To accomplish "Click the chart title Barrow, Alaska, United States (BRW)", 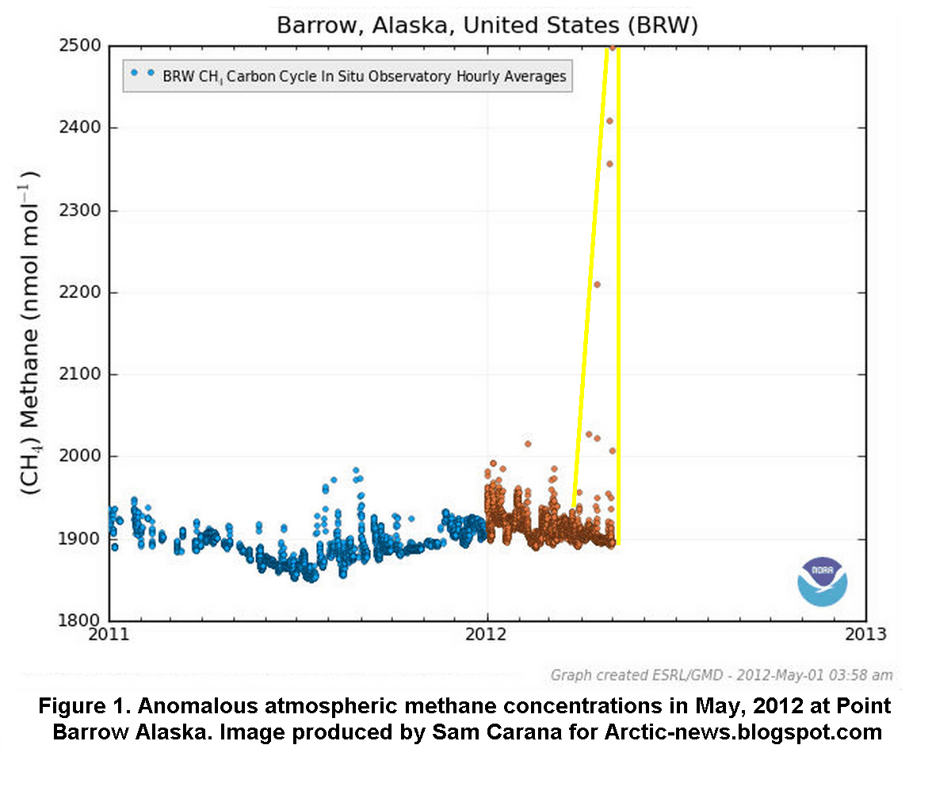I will pyautogui.click(x=487, y=25).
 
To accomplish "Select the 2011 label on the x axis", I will pyautogui.click(x=109, y=636).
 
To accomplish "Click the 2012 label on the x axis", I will pyautogui.click(x=487, y=636).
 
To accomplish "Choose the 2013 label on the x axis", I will pyautogui.click(x=865, y=636).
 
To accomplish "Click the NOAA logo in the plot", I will pyautogui.click(x=822, y=581).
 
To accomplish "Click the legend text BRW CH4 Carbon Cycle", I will pyautogui.click(x=364, y=77).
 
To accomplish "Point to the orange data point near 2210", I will pyautogui.click(x=597, y=285).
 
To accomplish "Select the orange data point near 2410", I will pyautogui.click(x=609, y=121).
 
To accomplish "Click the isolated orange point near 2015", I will pyautogui.click(x=528, y=444).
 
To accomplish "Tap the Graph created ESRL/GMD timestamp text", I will pyautogui.click(x=722, y=675).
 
